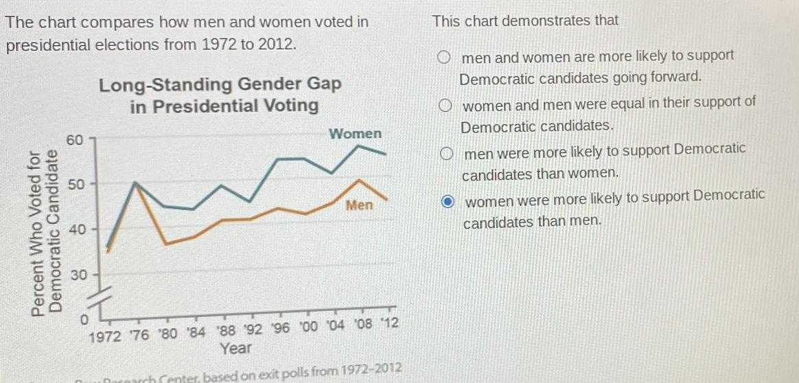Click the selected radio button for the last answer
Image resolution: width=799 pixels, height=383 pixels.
coord(447,201)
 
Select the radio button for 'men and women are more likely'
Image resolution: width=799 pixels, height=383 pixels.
coord(445,57)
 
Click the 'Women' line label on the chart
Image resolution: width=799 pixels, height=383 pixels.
coord(355,133)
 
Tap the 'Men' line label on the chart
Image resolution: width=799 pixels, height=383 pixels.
coord(359,205)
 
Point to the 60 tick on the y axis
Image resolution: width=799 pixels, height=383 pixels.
coord(74,140)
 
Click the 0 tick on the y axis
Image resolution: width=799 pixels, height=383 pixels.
coord(85,320)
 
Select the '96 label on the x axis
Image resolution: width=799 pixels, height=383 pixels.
coord(281,327)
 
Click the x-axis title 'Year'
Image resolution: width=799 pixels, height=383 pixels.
coord(235,349)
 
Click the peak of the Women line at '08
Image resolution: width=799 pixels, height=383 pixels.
coord(360,146)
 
